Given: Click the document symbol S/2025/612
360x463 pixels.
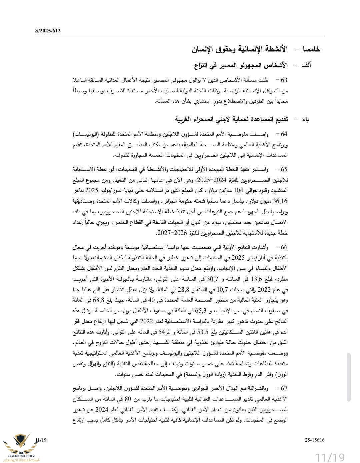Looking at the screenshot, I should (x=48, y=31).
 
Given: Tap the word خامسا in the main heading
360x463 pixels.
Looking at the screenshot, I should (x=312, y=49).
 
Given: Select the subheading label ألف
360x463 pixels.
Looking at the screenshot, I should (x=306, y=65).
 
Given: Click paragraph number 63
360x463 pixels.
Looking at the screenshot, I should (x=284, y=80).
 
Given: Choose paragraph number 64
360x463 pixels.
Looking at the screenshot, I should (x=284, y=134).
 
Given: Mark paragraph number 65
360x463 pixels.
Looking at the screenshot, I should (x=284, y=170).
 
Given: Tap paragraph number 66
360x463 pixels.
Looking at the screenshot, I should (x=284, y=247).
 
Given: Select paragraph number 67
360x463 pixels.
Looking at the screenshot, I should (x=284, y=388).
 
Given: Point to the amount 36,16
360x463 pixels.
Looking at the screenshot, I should (x=280, y=201).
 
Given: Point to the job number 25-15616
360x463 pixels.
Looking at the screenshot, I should (x=314, y=440).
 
